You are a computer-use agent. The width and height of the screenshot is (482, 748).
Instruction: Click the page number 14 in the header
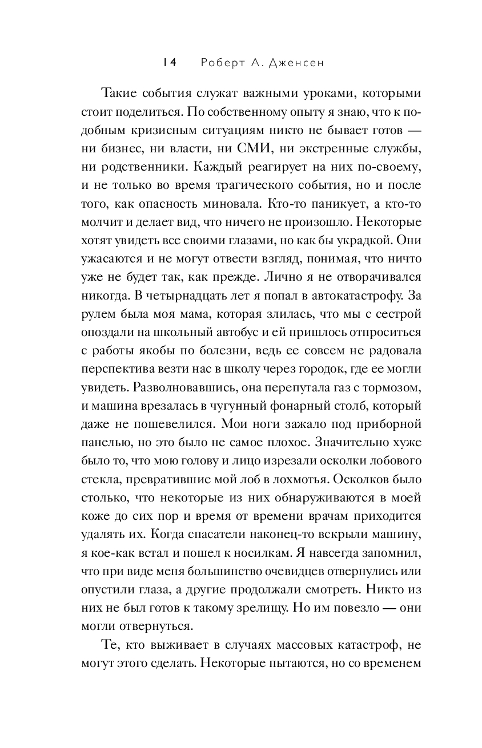tap(169, 63)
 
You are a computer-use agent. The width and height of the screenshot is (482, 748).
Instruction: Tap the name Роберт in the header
tap(220, 63)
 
